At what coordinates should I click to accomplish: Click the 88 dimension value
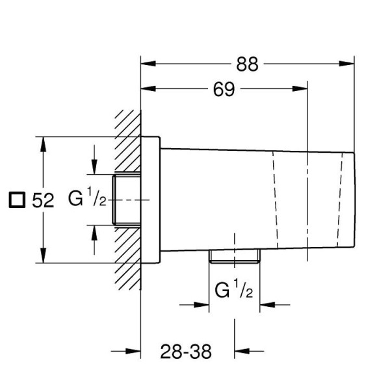pyautogui.click(x=247, y=64)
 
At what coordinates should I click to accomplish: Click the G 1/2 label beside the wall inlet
pyautogui.click(x=87, y=200)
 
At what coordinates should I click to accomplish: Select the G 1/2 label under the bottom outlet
pyautogui.click(x=234, y=291)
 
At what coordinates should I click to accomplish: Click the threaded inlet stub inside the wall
pyautogui.click(x=127, y=199)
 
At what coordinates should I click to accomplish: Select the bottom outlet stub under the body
pyautogui.click(x=234, y=256)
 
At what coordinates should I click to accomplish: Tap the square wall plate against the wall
pyautogui.click(x=150, y=200)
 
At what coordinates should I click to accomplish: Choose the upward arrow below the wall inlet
pyautogui.click(x=95, y=232)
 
